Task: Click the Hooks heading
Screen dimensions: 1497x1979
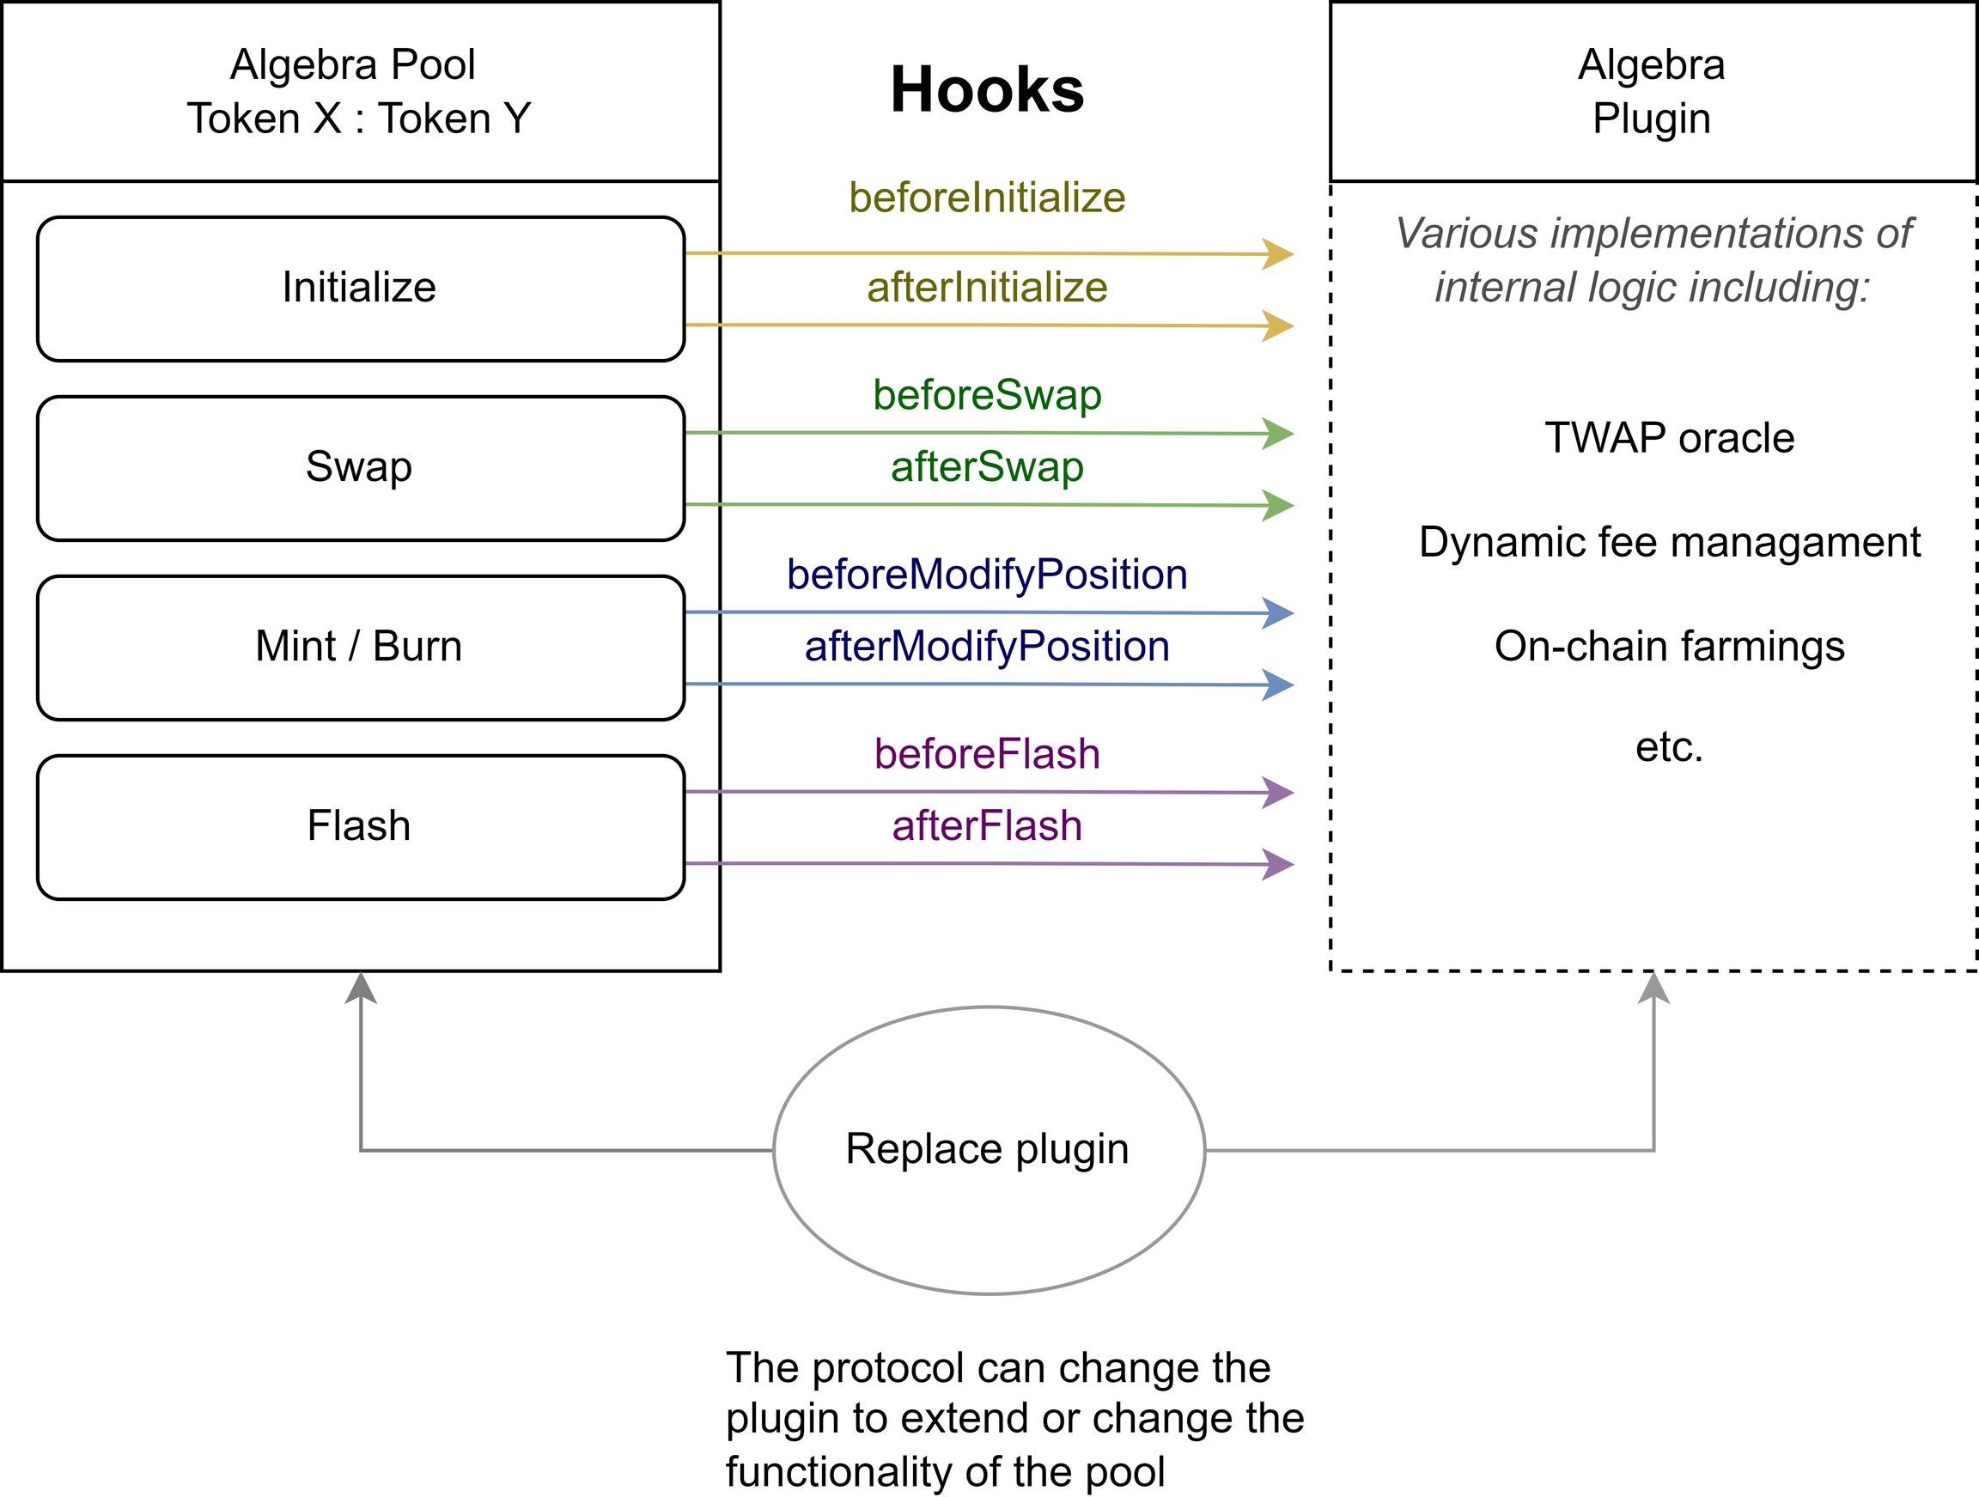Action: click(x=987, y=90)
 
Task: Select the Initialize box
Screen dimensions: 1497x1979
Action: click(x=361, y=288)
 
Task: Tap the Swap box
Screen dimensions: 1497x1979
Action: click(x=361, y=468)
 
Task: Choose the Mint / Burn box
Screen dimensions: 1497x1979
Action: click(x=361, y=647)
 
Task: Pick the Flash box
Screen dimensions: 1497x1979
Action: click(x=361, y=827)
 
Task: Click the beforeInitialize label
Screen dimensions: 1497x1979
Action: click(x=987, y=198)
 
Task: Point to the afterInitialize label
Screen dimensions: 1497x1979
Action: click(x=987, y=288)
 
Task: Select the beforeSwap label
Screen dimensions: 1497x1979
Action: click(x=987, y=395)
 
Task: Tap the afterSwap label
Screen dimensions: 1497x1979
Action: click(x=987, y=467)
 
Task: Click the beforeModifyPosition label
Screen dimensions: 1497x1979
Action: click(x=987, y=575)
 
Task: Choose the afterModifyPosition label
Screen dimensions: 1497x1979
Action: click(x=987, y=646)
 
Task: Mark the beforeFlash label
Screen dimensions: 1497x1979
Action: click(x=987, y=754)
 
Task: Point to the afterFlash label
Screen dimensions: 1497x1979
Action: click(x=987, y=826)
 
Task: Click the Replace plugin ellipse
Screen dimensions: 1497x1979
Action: click(x=989, y=1150)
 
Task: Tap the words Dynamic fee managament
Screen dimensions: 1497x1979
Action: click(x=1670, y=542)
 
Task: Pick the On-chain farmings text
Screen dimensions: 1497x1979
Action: click(x=1670, y=646)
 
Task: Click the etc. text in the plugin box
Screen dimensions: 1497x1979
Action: click(x=1670, y=747)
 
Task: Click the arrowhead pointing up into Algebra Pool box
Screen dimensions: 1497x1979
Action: click(x=361, y=988)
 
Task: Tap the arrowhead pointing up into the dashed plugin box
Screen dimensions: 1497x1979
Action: click(x=1654, y=988)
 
